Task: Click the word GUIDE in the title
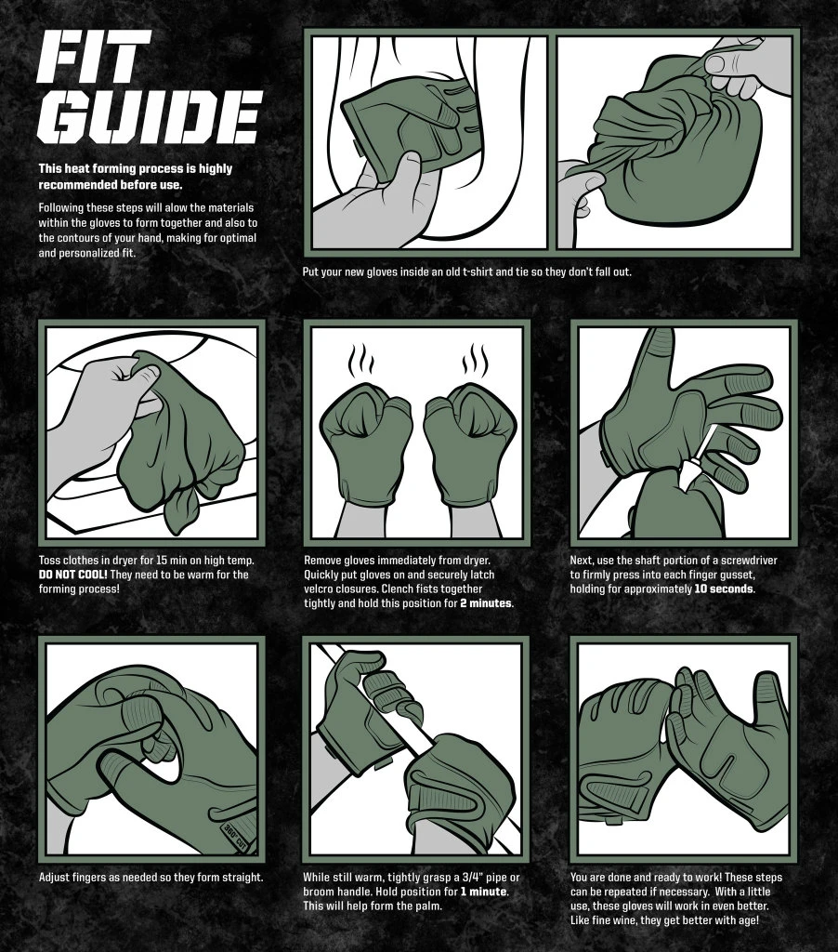coord(149,116)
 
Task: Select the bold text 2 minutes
coord(487,603)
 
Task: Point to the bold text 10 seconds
coord(725,588)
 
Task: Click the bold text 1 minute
coord(483,892)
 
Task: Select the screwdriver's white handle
coord(692,479)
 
